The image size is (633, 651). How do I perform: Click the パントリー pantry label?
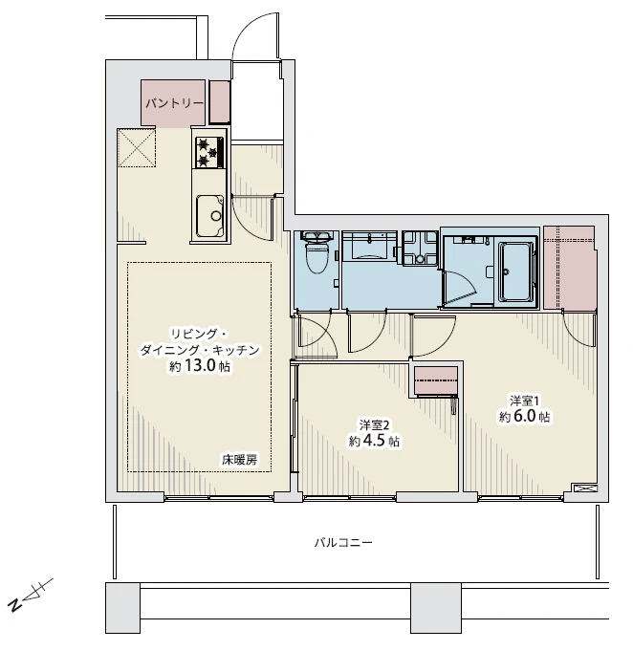coord(174,103)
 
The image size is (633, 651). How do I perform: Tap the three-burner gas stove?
coord(209,152)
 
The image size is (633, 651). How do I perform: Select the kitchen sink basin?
coord(209,216)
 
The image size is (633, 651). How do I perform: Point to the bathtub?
coord(516,271)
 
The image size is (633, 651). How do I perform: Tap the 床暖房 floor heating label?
coord(239,460)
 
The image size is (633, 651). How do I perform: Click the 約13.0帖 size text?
coord(200,366)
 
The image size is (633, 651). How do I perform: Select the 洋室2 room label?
coord(374,425)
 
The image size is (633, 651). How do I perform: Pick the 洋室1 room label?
coord(525,401)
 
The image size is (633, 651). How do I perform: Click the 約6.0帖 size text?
coord(525,417)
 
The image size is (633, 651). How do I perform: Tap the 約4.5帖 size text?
coord(374,441)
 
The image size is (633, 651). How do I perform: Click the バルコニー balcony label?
coord(343,542)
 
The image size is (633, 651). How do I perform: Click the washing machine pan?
coord(420,249)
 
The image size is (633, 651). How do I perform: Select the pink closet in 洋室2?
coord(436,380)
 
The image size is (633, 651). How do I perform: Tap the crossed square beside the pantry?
coord(136,147)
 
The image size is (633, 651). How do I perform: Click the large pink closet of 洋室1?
coord(569,268)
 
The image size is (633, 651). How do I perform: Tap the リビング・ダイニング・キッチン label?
coord(200,342)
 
